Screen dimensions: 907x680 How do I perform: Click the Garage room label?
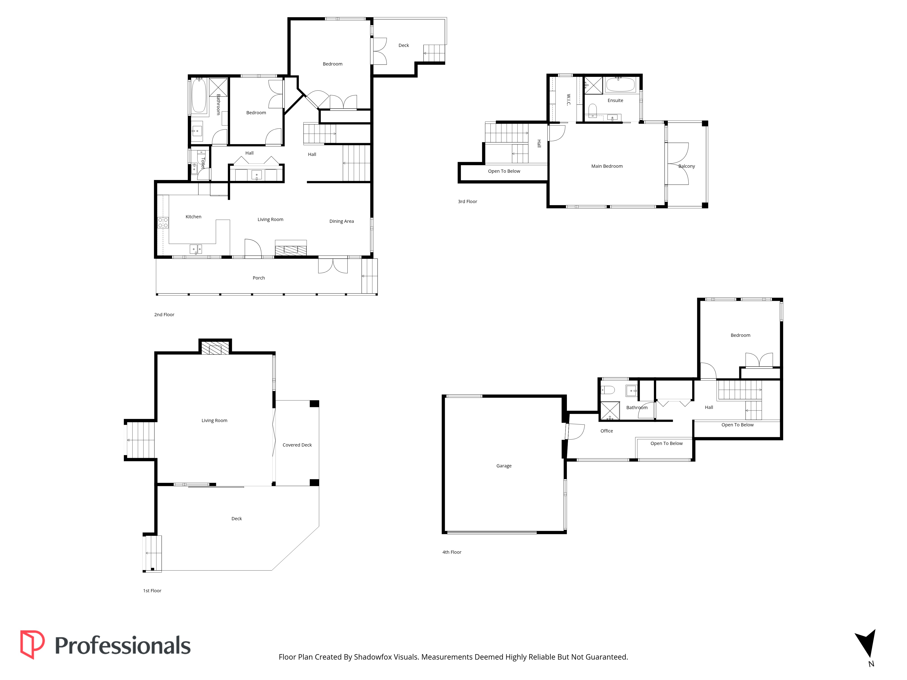[504, 466]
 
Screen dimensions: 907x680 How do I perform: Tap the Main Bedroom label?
[607, 166]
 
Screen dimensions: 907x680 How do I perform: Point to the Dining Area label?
[341, 221]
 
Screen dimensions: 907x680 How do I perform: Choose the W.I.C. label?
[568, 100]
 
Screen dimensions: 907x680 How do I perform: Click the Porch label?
[259, 278]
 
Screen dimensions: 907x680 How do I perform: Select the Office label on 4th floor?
[607, 431]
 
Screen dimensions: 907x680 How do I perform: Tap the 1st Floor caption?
[152, 591]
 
